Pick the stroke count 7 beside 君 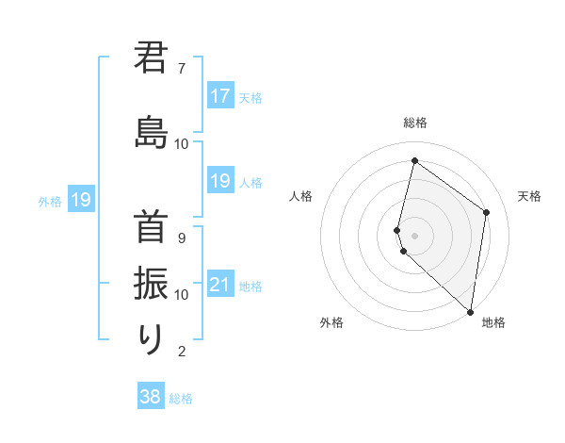[x=182, y=68]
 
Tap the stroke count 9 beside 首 [x=182, y=238]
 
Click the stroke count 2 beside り [x=182, y=352]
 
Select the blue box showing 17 [x=220, y=96]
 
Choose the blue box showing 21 [x=220, y=285]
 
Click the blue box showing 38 [x=150, y=397]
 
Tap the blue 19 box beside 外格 [x=80, y=200]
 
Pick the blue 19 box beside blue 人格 [x=220, y=181]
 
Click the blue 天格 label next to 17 [x=250, y=97]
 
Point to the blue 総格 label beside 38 [x=181, y=398]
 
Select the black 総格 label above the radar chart [x=415, y=123]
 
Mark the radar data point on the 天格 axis [x=487, y=212]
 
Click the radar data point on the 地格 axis [x=470, y=311]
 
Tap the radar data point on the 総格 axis [x=414, y=161]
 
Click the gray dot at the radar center [x=415, y=234]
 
